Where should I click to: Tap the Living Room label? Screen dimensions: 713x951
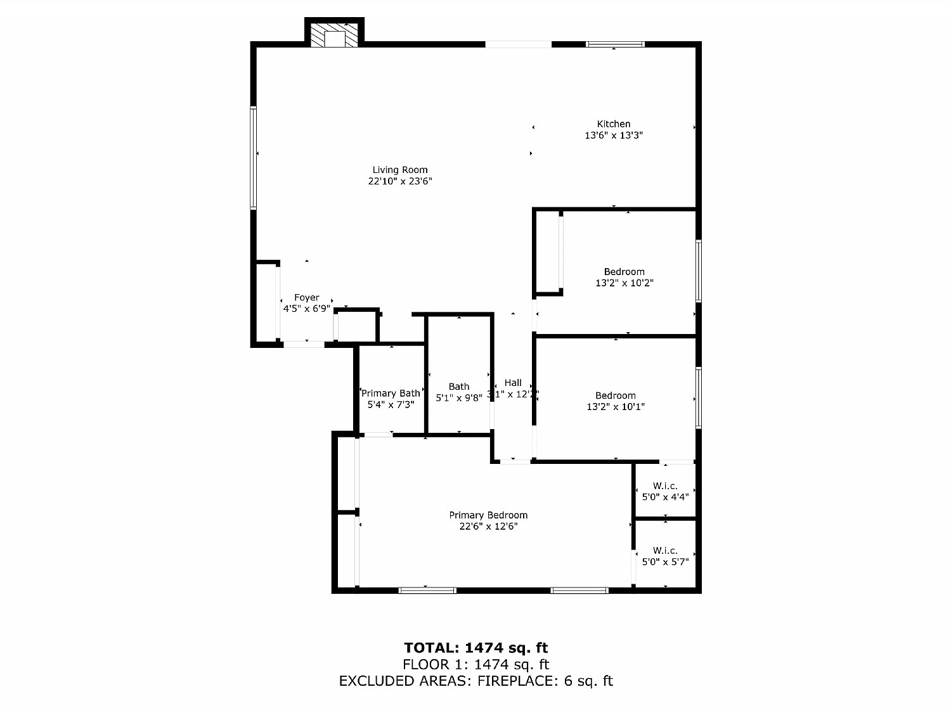pos(400,170)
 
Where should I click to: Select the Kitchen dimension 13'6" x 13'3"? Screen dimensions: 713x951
pos(614,136)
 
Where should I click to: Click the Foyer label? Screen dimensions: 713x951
pos(307,298)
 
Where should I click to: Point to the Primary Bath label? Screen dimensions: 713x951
pos(391,394)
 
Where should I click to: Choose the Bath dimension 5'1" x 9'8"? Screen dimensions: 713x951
pos(459,398)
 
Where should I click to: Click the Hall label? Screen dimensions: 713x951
pos(513,383)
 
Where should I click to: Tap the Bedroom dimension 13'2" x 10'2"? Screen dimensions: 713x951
pos(624,283)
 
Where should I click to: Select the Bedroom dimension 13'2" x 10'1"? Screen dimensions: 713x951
pos(616,407)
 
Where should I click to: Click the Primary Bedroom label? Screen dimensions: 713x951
pos(488,515)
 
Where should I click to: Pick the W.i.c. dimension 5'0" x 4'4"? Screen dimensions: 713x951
pos(665,498)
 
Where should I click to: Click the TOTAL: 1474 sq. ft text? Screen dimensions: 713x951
pos(475,648)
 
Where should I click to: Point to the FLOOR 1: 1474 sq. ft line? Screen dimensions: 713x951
pos(475,665)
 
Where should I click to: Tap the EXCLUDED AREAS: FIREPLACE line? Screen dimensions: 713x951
pos(475,681)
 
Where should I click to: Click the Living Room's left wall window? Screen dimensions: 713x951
pos(254,157)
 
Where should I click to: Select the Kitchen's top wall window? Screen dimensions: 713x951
pos(615,44)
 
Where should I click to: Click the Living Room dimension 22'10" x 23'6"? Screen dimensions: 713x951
pos(400,181)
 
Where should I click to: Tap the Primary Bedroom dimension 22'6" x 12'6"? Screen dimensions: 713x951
pos(488,527)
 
